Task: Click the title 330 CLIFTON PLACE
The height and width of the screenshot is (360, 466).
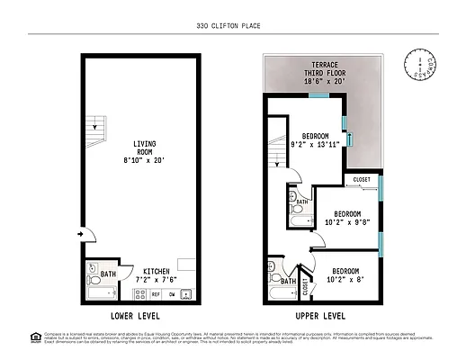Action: tap(232, 26)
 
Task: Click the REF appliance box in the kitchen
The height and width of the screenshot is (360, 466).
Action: tap(156, 293)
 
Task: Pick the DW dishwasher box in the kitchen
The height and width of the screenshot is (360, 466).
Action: tap(171, 293)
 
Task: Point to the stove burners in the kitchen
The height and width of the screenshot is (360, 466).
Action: tap(186, 293)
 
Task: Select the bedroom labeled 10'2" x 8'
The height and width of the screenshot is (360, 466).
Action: tap(345, 275)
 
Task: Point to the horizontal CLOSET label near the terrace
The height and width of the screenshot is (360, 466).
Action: tap(362, 180)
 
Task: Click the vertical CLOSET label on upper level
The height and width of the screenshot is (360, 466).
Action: tap(305, 286)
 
